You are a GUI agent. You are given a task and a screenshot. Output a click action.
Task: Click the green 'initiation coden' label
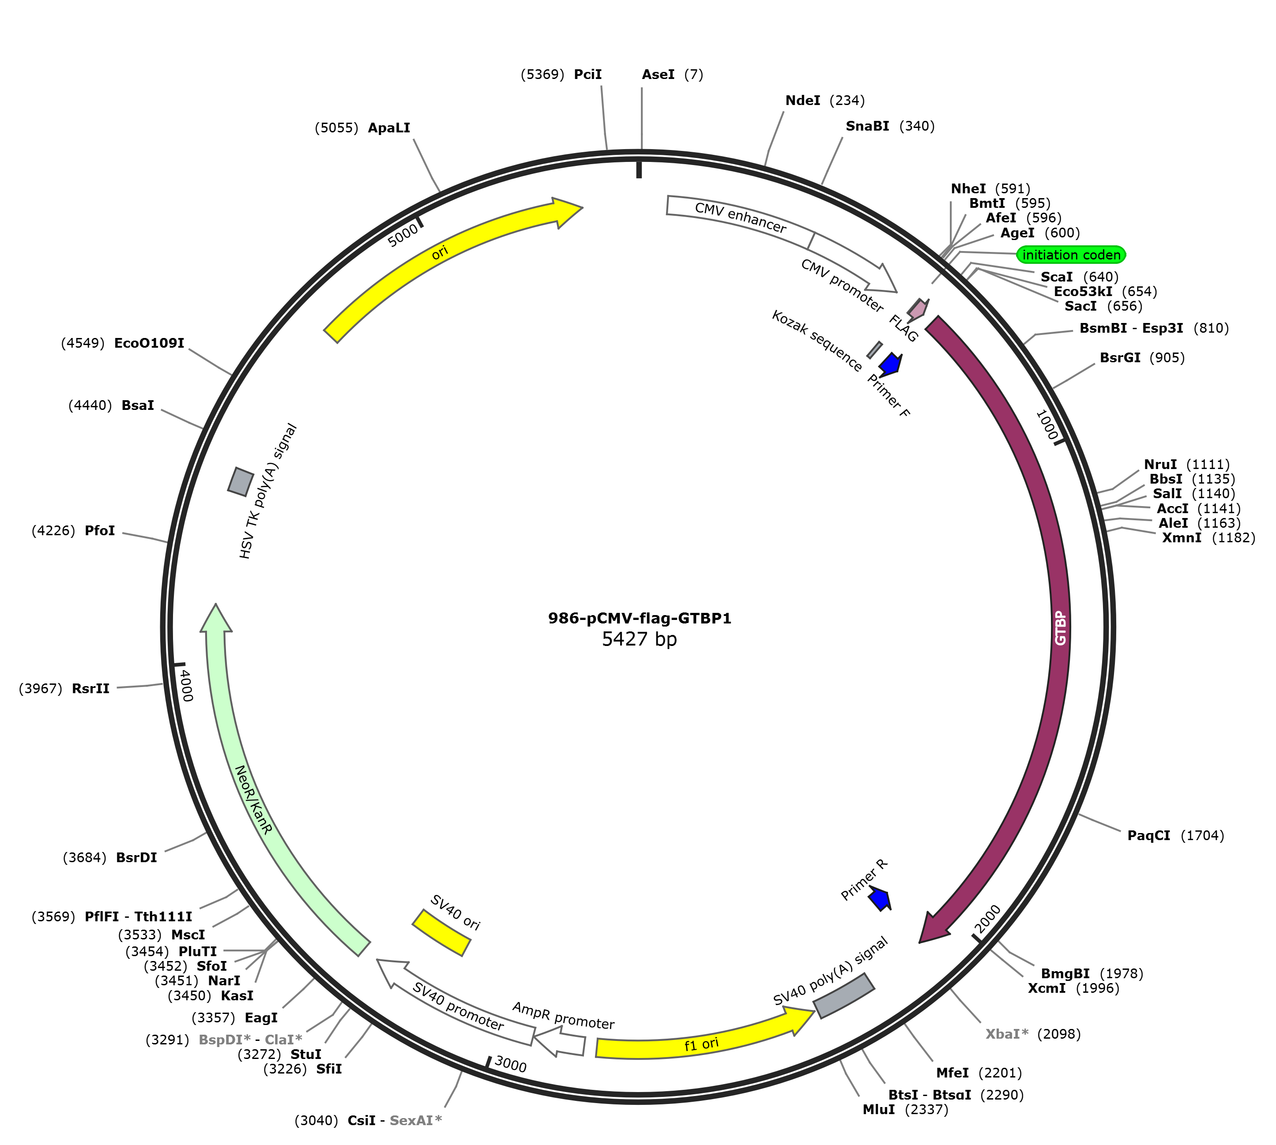point(1071,255)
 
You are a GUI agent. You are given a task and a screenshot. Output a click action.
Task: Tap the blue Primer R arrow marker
point(880,898)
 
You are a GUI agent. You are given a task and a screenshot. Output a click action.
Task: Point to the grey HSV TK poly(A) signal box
point(241,481)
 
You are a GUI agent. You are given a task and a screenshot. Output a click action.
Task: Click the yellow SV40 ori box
point(441,932)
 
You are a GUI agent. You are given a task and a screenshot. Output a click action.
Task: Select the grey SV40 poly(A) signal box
point(844,996)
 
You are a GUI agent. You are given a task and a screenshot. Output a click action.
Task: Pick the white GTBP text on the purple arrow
point(1061,627)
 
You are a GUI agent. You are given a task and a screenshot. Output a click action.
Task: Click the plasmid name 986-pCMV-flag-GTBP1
point(639,619)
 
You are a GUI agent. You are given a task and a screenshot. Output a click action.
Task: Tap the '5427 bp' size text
point(639,639)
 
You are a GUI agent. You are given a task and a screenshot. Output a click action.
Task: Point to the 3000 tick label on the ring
point(510,1064)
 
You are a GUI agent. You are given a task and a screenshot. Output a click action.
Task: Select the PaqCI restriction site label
point(1149,835)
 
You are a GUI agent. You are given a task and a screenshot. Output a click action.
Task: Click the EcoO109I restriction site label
point(149,343)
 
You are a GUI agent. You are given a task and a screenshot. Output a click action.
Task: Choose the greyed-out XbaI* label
point(1007,1034)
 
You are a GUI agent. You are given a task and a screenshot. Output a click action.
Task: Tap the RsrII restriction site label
point(90,688)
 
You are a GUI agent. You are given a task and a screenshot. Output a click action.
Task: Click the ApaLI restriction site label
point(389,128)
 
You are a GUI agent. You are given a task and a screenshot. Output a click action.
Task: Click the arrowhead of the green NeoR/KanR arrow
point(216,617)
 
